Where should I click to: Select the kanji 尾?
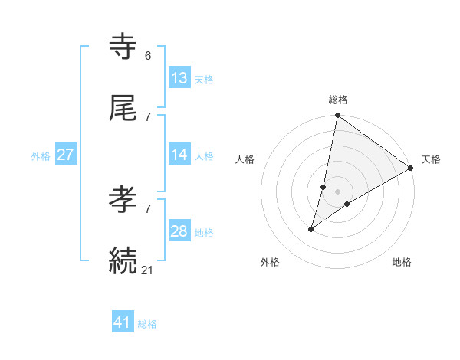(123, 109)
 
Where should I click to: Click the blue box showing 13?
(179, 78)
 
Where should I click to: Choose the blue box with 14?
(179, 155)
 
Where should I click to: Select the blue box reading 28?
(179, 231)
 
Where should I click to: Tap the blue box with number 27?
(66, 155)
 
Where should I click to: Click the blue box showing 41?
(123, 322)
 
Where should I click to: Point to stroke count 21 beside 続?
(148, 270)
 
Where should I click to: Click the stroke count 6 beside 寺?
(148, 56)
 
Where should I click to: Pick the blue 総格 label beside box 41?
(147, 324)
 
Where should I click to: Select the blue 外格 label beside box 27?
(41, 156)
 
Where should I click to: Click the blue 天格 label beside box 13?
(204, 80)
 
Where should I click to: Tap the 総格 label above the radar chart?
(338, 100)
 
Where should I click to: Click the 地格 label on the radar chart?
(402, 263)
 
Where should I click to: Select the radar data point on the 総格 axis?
(337, 116)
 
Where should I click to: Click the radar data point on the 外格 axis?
(311, 229)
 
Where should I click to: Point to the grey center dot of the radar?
(338, 191)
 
